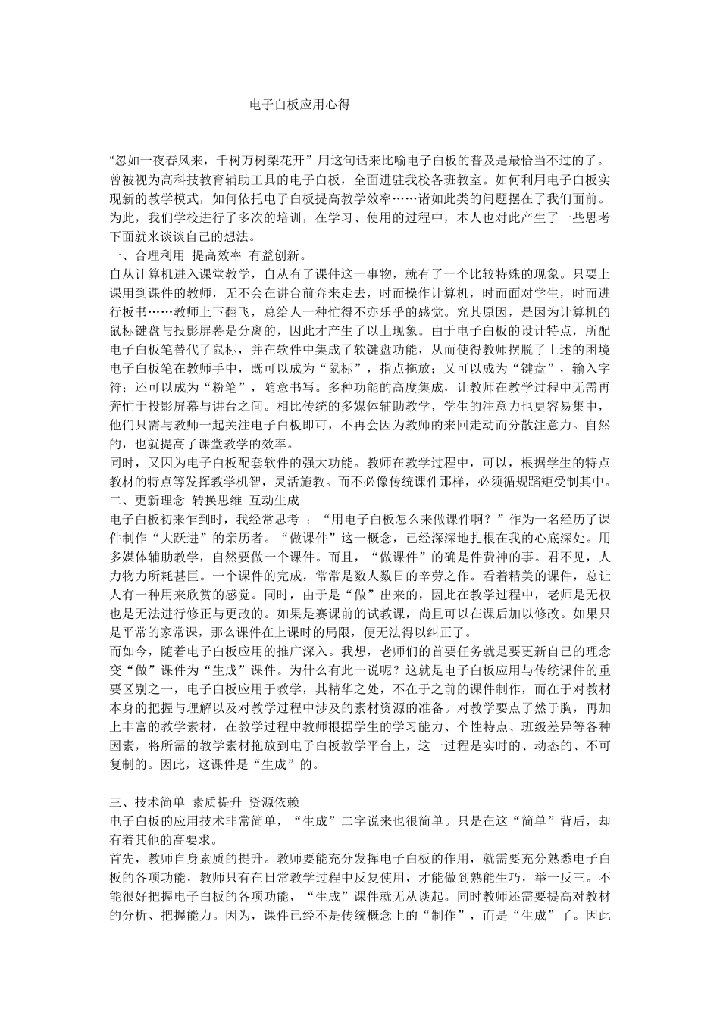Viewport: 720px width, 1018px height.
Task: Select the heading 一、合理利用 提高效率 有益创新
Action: pyautogui.click(x=207, y=254)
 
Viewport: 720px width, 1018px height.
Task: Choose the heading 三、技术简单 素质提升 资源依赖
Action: pyautogui.click(x=205, y=801)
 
